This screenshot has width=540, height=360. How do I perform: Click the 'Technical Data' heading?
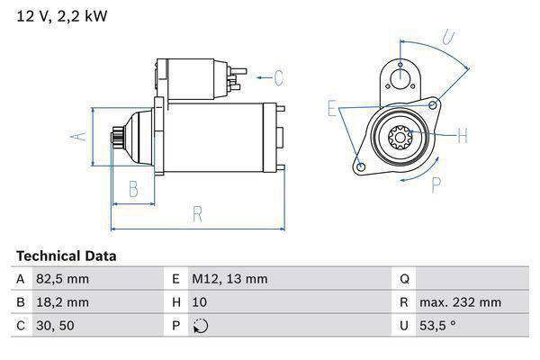(66, 256)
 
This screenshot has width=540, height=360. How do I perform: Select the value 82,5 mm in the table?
(63, 279)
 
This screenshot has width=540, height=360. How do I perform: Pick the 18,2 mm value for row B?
(63, 302)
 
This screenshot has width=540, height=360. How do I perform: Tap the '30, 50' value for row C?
(56, 326)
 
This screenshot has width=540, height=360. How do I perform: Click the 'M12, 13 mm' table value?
(229, 279)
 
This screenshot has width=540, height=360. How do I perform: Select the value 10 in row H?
(201, 302)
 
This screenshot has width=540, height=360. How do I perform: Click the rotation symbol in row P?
(201, 326)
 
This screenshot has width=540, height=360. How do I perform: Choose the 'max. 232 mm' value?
(463, 302)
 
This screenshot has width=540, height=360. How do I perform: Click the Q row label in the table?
(404, 279)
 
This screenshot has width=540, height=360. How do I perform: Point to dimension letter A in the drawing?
(79, 136)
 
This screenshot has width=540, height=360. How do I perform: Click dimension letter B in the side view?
(132, 189)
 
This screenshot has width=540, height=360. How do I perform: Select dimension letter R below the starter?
(196, 214)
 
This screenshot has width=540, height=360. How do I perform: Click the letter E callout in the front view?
(332, 109)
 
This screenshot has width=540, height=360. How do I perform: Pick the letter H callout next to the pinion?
(463, 137)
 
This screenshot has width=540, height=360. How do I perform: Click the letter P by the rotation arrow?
(436, 184)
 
